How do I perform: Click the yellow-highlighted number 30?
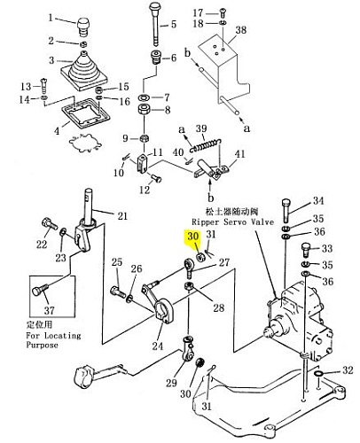tap(192, 237)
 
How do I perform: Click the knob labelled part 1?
tap(83, 27)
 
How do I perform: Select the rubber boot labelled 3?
tap(84, 71)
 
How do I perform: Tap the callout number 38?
tap(241, 30)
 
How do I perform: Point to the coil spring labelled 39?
tap(206, 144)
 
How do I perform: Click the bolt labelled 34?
tap(286, 211)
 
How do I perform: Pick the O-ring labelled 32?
tap(318, 374)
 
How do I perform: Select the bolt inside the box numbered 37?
tap(40, 290)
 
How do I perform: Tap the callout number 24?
tap(158, 346)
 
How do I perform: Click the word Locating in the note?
tap(62, 336)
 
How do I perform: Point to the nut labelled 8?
tap(144, 110)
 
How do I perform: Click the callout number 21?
tap(122, 216)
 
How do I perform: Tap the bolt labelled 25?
tap(119, 292)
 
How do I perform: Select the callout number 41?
tap(240, 154)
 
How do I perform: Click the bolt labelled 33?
tap(306, 251)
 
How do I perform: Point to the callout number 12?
tap(145, 190)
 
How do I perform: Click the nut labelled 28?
tap(189, 286)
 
